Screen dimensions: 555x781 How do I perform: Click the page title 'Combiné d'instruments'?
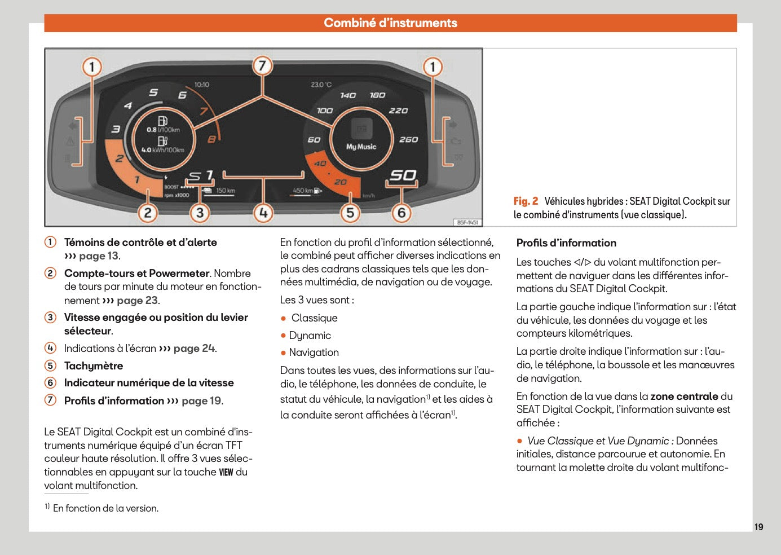click(x=390, y=23)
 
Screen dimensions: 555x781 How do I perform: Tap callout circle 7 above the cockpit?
click(x=262, y=65)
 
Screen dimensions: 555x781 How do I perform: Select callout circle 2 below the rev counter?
click(x=148, y=213)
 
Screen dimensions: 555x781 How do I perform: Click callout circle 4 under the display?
click(x=263, y=213)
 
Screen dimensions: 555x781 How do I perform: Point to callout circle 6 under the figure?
click(x=401, y=213)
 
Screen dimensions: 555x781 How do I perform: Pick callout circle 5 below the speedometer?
click(x=350, y=213)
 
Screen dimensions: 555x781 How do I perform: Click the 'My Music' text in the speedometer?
click(x=361, y=147)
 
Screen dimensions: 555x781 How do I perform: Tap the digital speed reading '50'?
click(x=403, y=175)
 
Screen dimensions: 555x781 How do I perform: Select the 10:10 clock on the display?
click(x=201, y=85)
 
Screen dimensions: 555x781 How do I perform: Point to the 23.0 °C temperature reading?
click(x=321, y=85)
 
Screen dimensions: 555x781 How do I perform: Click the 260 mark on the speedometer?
click(x=408, y=139)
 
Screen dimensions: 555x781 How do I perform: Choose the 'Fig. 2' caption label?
click(x=526, y=201)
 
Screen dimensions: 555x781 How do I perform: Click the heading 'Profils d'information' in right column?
click(x=566, y=243)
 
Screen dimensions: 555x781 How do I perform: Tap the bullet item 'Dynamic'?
click(x=310, y=336)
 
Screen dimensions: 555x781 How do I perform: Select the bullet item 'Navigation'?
click(x=314, y=353)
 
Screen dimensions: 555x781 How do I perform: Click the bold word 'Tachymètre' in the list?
click(x=94, y=366)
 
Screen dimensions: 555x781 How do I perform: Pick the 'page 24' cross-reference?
click(x=194, y=349)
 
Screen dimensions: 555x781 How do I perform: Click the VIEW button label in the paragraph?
click(x=226, y=472)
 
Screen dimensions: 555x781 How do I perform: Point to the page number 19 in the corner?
click(x=759, y=527)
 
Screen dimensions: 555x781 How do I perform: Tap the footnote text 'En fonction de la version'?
click(x=105, y=508)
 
